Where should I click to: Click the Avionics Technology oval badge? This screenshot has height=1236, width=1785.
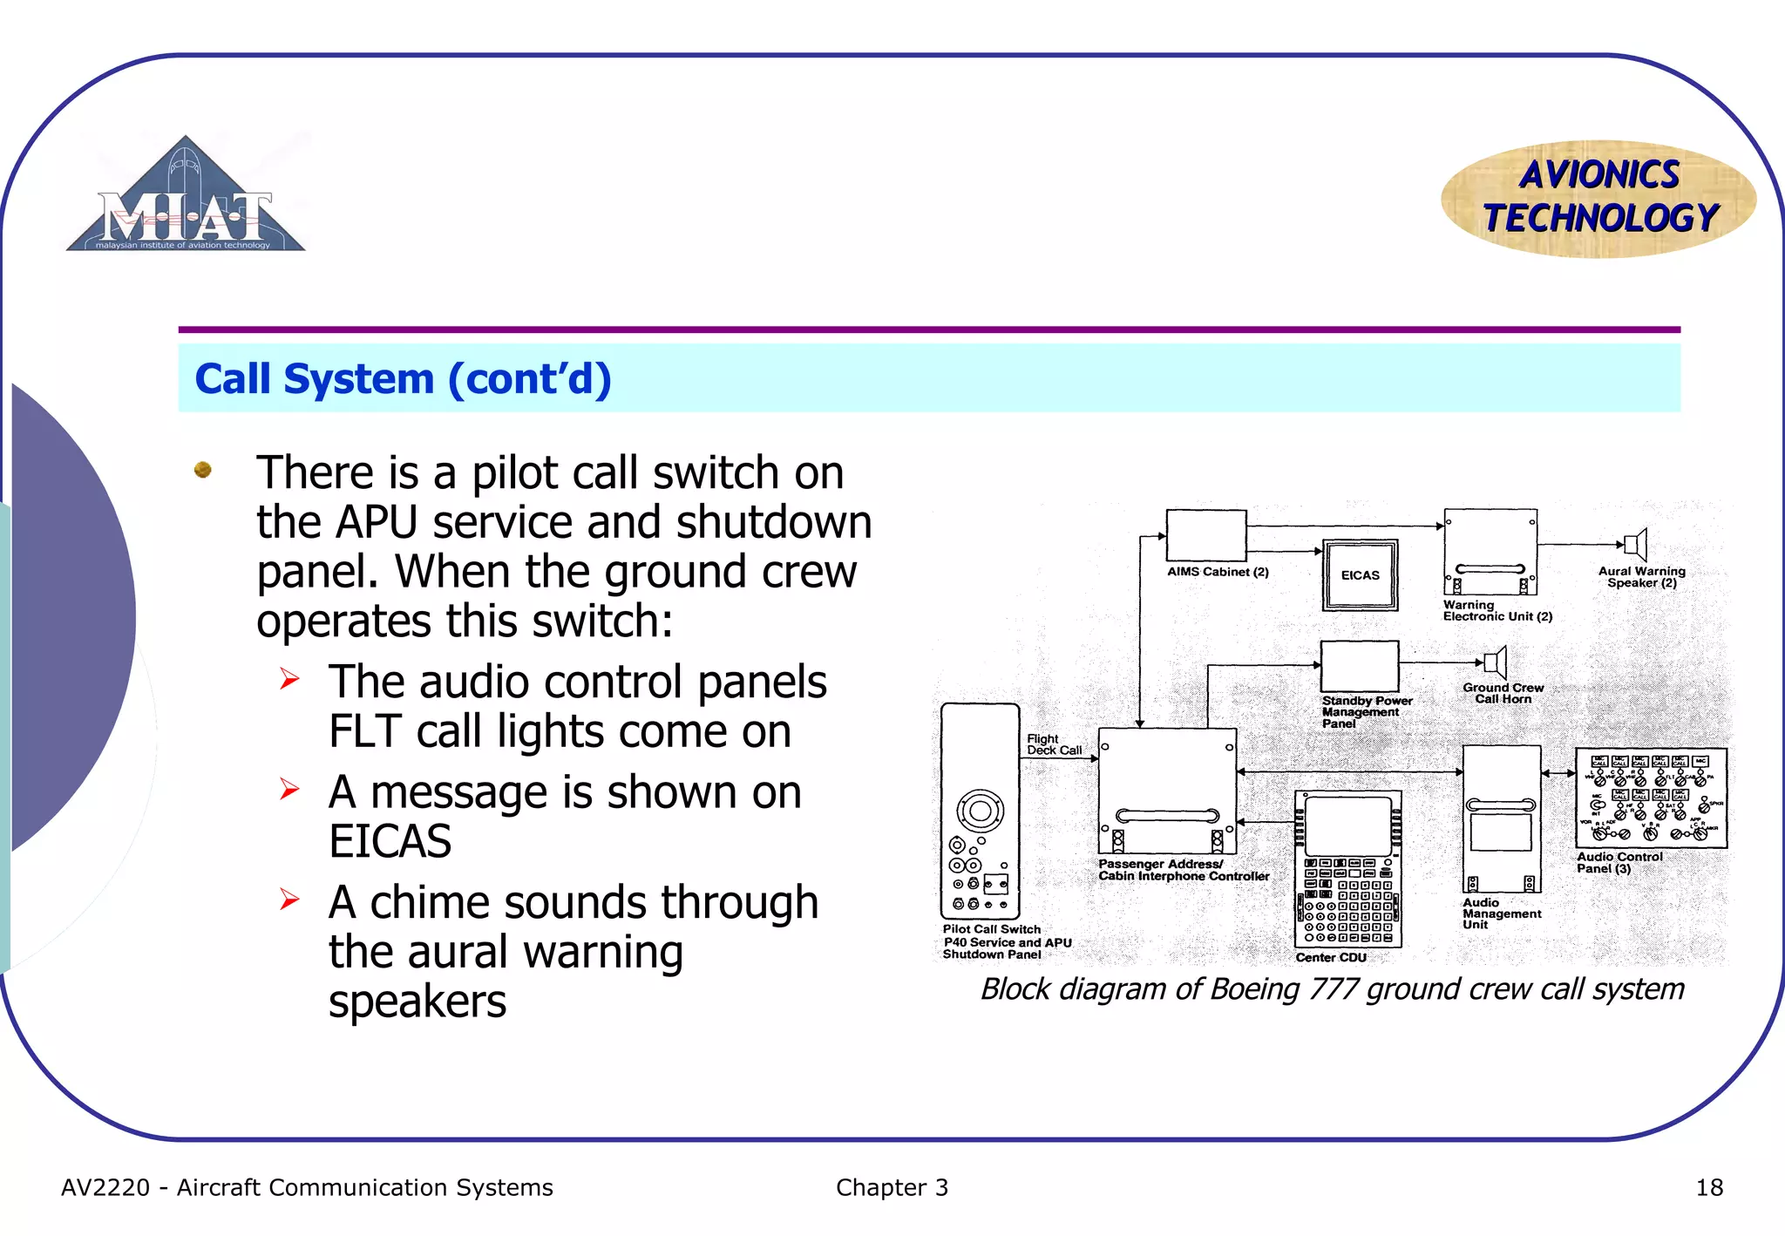point(1598,198)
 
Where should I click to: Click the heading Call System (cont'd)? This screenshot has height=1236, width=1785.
point(403,379)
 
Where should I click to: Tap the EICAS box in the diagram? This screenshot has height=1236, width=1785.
point(1360,575)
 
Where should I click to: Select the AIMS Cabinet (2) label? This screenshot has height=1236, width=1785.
point(1218,572)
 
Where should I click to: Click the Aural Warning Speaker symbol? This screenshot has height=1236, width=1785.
point(1636,545)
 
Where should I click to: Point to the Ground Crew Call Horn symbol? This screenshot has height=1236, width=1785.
point(1495,663)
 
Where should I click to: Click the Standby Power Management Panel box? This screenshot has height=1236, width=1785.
point(1359,667)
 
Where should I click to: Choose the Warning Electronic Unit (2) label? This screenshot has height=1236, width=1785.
point(1497,610)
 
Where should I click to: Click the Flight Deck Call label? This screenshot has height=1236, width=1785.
point(1053,744)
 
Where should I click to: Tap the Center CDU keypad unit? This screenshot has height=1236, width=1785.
point(1347,868)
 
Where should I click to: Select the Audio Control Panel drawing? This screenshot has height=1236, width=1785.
point(1651,798)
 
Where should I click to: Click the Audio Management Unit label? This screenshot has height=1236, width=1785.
point(1501,913)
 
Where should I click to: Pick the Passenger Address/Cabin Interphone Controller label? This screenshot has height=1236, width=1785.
point(1183,870)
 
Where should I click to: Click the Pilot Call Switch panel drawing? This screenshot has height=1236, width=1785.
point(980,811)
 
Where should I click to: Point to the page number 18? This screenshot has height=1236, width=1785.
point(1708,1187)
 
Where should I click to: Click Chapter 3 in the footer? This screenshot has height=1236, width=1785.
point(892,1187)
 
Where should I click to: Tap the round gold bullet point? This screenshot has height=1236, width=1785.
point(203,470)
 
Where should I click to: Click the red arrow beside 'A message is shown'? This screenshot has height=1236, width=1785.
point(289,789)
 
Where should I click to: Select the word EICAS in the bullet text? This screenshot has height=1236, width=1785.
point(390,841)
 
